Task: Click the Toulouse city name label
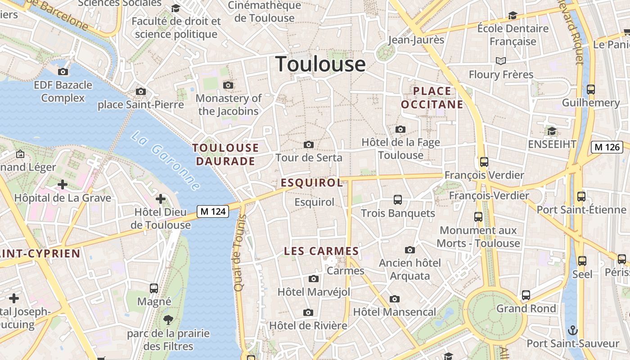[320, 64]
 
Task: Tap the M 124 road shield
[213, 211]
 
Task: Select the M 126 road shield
[607, 147]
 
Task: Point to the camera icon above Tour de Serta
[309, 144]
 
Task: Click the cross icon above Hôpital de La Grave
[63, 184]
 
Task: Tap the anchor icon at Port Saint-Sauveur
[573, 330]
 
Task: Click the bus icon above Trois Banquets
[398, 199]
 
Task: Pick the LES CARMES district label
[321, 252]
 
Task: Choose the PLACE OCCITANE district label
[432, 98]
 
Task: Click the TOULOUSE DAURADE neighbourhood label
[225, 154]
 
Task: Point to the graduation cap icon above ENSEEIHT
[552, 131]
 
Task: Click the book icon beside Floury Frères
[500, 61]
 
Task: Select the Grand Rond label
[526, 309]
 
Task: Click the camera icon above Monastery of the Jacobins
[228, 85]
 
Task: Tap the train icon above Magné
[154, 288]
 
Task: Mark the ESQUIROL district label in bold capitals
[312, 183]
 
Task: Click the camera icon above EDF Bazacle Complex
[63, 72]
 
